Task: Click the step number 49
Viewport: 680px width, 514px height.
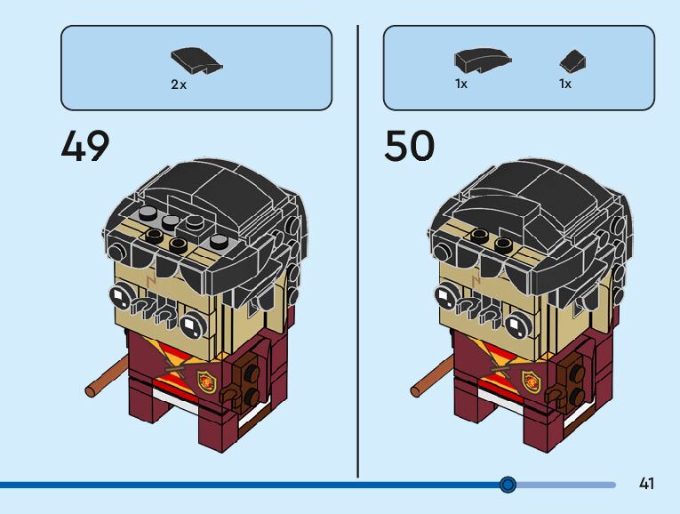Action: pyautogui.click(x=85, y=145)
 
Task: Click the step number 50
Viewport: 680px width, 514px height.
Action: pyautogui.click(x=409, y=145)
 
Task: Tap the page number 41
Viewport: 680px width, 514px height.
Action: pyautogui.click(x=646, y=484)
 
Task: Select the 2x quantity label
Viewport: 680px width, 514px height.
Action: pyautogui.click(x=179, y=84)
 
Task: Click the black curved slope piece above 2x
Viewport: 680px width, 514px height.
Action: pyautogui.click(x=196, y=62)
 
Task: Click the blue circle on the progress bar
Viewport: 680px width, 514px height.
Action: pyautogui.click(x=508, y=484)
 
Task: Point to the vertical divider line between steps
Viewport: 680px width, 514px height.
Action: pyautogui.click(x=358, y=249)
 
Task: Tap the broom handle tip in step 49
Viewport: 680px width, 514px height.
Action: pyautogui.click(x=92, y=389)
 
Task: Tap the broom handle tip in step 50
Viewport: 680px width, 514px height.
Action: pyautogui.click(x=415, y=389)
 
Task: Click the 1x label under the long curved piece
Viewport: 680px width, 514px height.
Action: pyautogui.click(x=461, y=84)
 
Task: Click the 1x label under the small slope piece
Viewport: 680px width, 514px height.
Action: pyautogui.click(x=564, y=84)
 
